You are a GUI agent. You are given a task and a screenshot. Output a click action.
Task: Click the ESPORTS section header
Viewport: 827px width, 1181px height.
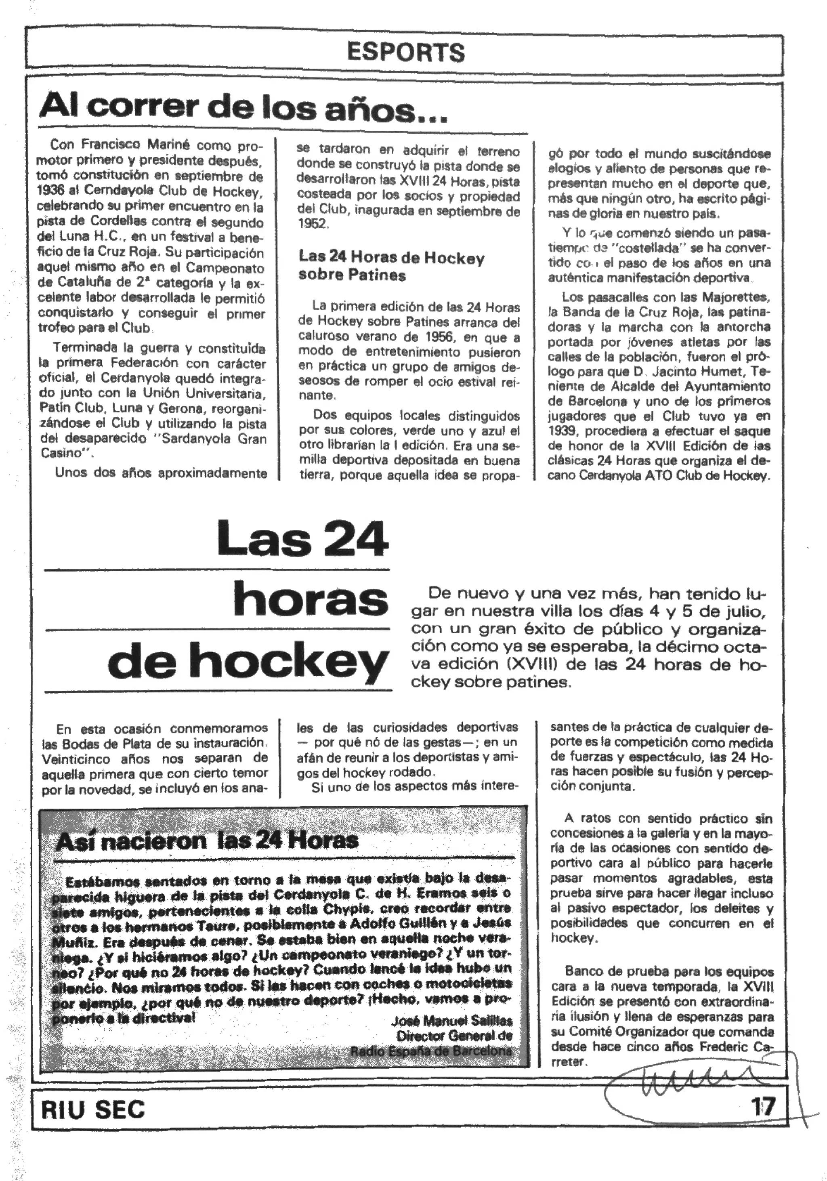click(x=405, y=52)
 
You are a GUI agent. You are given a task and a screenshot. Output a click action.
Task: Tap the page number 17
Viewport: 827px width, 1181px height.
click(x=762, y=1106)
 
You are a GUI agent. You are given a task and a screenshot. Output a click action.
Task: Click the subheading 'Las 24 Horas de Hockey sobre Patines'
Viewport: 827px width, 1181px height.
click(x=391, y=266)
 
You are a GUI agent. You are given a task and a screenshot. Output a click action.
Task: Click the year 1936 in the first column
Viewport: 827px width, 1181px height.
click(x=50, y=190)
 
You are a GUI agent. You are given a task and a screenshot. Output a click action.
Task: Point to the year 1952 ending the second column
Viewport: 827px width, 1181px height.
click(x=312, y=224)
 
